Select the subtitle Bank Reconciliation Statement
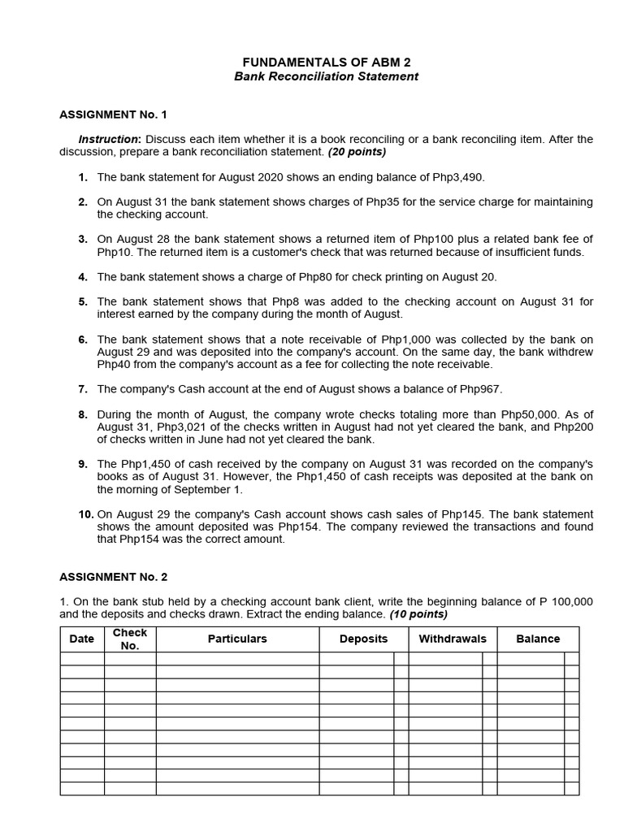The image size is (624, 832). pos(326,76)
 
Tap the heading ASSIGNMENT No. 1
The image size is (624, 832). pos(113,115)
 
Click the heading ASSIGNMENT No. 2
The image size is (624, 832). pos(113,577)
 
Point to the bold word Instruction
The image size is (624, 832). pos(109,140)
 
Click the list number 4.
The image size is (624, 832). pos(83,277)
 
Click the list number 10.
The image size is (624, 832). pos(86,514)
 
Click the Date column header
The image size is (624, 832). pos(82,639)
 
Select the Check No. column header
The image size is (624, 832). pos(130,639)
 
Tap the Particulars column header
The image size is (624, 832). pos(237,639)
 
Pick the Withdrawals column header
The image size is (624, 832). pos(452,639)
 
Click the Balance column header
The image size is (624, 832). pos(538,639)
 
